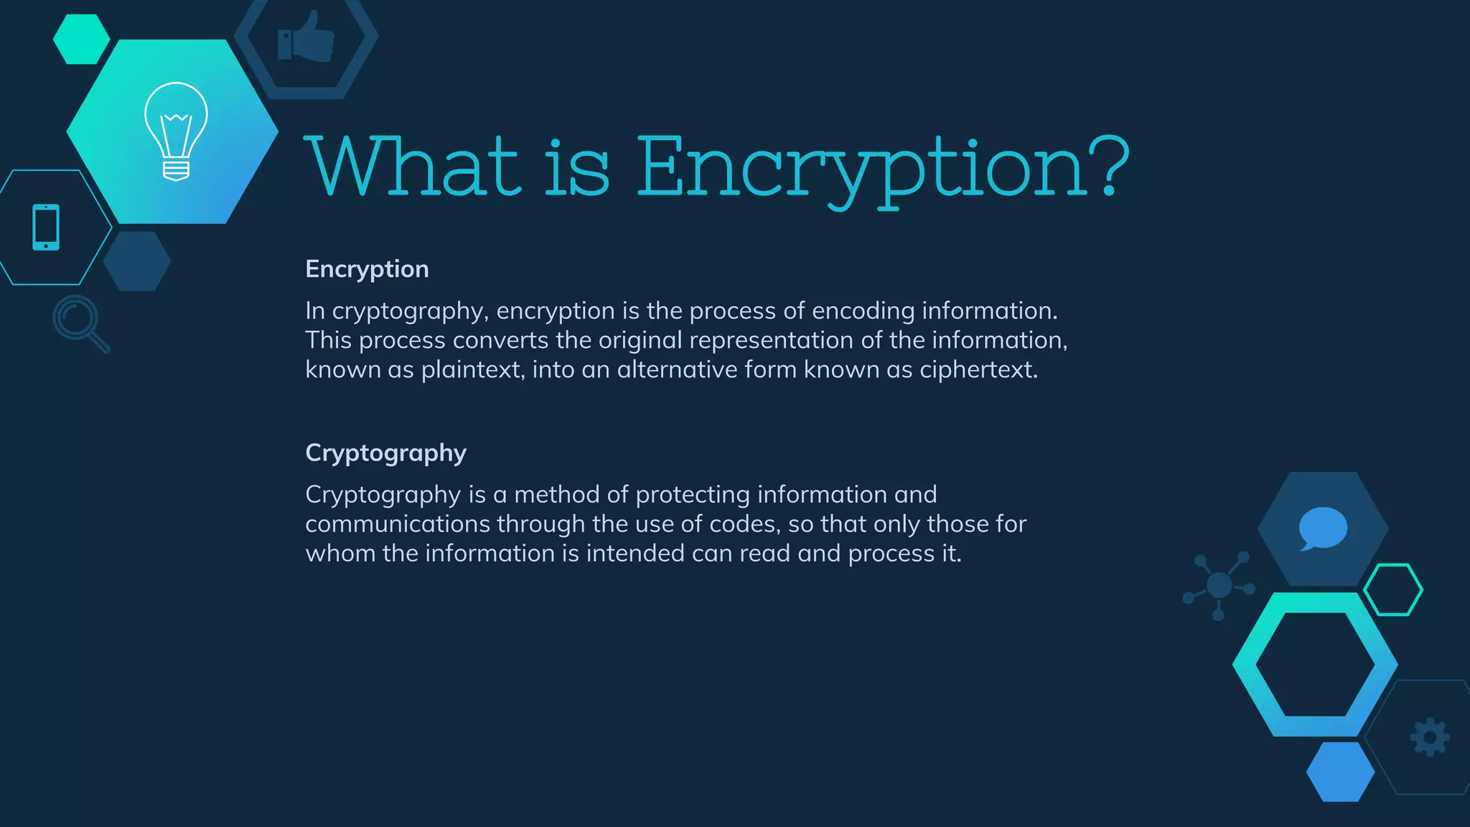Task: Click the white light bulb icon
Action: coord(176,131)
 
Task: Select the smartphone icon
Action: coord(46,228)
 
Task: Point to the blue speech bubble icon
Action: coord(1322,528)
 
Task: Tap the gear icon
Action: coord(1430,737)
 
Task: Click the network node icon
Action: coord(1219,585)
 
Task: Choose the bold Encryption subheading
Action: coord(367,269)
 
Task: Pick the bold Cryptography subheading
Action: coord(385,454)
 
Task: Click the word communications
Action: coord(398,524)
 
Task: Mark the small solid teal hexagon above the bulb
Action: coord(81,39)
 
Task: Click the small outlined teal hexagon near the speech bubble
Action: coord(1393,589)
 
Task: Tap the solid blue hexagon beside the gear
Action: coord(1340,772)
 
